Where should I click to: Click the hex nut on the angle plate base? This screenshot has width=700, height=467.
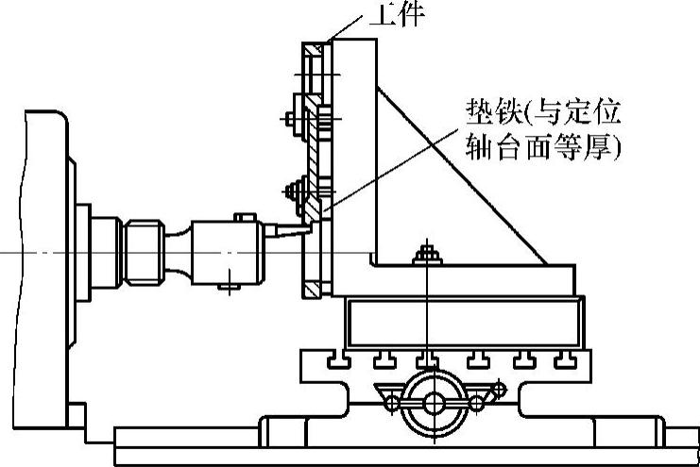coord(426,254)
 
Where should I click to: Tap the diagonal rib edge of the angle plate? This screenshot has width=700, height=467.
coord(463,174)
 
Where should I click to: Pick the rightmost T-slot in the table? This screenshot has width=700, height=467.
coord(565,359)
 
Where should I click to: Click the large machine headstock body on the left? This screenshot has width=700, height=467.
coord(38,264)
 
